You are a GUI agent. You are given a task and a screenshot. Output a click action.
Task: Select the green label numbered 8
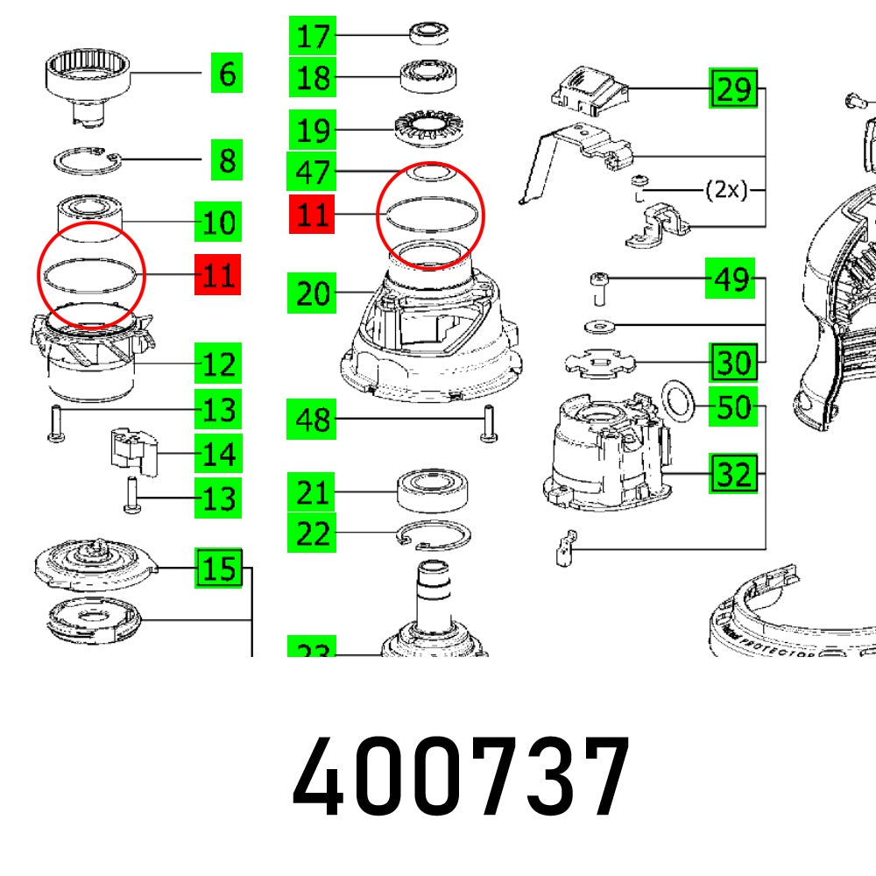click(x=226, y=161)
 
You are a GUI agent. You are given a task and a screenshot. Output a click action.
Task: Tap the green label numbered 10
click(x=217, y=223)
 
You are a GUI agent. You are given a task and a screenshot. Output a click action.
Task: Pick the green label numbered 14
click(x=217, y=454)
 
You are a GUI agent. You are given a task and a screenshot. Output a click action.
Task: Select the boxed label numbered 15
click(x=218, y=569)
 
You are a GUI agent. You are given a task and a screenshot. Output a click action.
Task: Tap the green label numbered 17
click(x=312, y=37)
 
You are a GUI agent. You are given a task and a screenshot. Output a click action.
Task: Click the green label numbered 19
click(x=312, y=131)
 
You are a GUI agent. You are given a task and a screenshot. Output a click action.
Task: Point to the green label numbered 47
click(x=312, y=172)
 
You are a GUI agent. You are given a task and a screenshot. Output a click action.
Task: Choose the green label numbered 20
click(x=312, y=293)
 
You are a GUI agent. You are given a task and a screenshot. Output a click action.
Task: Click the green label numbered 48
click(x=312, y=420)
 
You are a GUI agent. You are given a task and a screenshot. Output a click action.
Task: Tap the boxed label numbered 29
click(x=733, y=89)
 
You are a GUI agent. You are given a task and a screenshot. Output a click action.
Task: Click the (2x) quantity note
click(x=726, y=190)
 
